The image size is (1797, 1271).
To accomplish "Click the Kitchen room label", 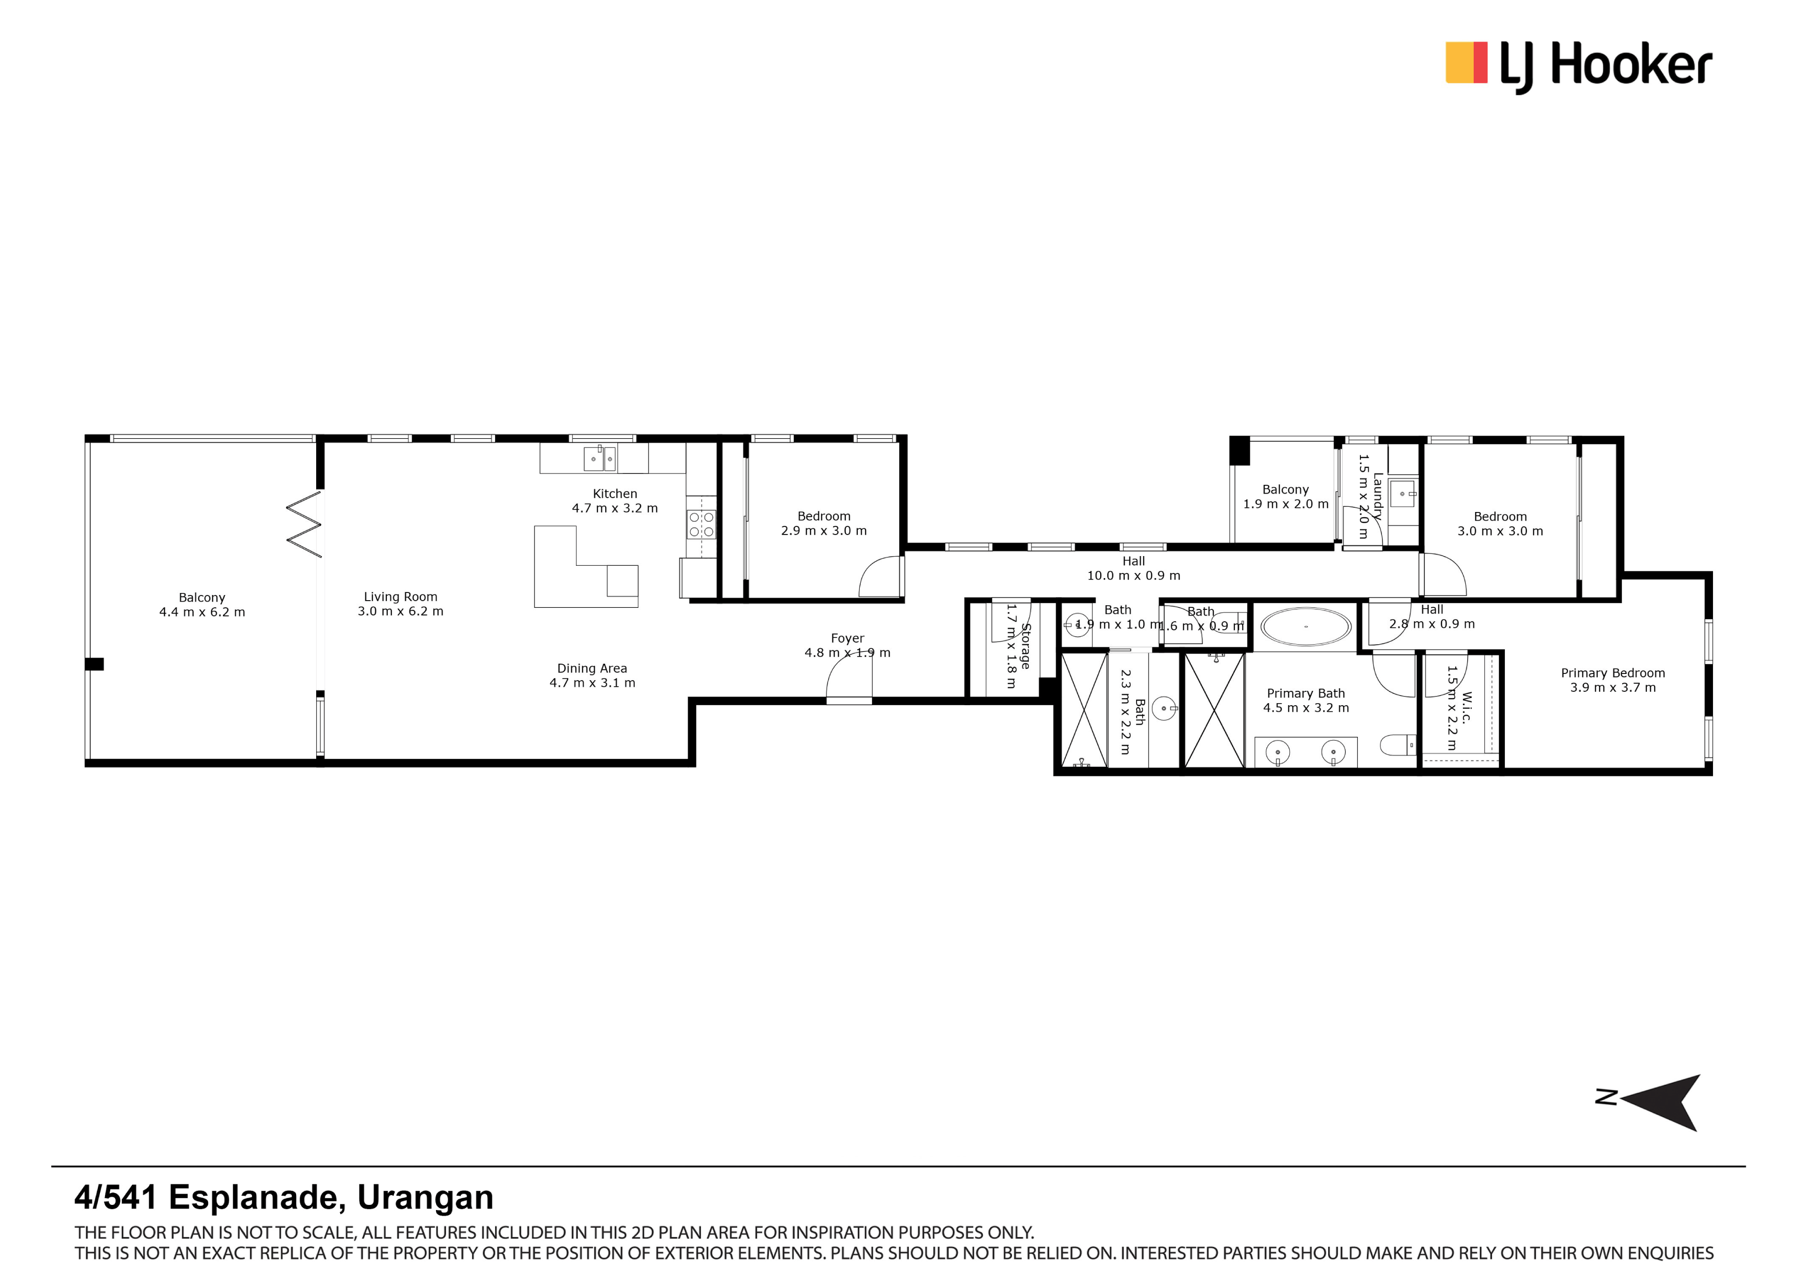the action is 614,494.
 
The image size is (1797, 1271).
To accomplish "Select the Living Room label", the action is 400,597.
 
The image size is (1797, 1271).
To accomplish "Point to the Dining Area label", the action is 592,668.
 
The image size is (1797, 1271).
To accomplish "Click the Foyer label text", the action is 847,639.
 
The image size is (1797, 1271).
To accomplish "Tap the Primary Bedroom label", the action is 1613,673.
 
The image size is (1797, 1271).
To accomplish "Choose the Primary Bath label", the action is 1306,693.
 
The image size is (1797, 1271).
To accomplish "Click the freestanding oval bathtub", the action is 1306,626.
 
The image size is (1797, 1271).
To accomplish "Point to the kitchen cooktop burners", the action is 701,524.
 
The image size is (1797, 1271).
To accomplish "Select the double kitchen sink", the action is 600,459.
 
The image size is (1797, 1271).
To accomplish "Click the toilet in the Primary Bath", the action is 1397,745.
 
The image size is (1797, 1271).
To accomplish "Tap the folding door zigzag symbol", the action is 304,524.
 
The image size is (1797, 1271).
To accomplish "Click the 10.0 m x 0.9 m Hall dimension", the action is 1133,575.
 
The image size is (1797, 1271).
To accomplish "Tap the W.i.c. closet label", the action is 1466,708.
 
